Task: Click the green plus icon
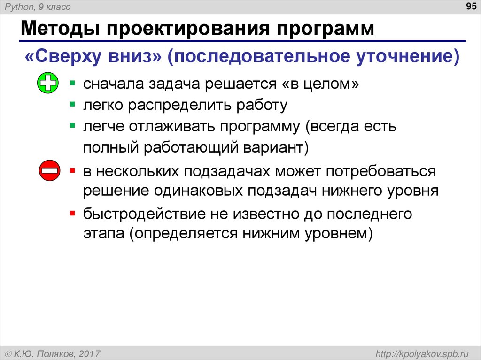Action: click(x=47, y=84)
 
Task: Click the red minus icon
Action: click(x=49, y=171)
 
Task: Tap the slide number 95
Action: click(x=470, y=7)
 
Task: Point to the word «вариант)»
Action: click(x=275, y=148)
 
